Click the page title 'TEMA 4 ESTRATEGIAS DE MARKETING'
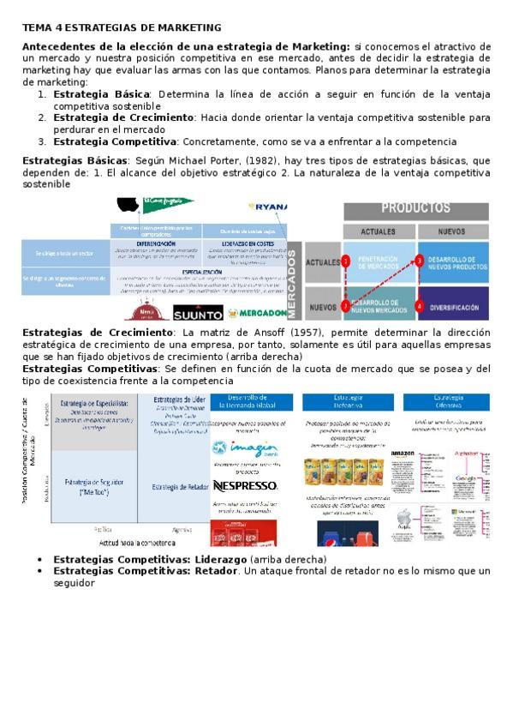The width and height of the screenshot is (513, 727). (121, 28)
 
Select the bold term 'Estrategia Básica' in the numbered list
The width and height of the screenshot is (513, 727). (102, 93)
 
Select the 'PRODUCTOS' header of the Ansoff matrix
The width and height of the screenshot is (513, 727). (415, 208)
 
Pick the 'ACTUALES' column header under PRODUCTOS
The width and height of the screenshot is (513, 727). (378, 231)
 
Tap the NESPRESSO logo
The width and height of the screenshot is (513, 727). (246, 486)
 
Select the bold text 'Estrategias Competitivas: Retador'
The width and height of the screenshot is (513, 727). (144, 571)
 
